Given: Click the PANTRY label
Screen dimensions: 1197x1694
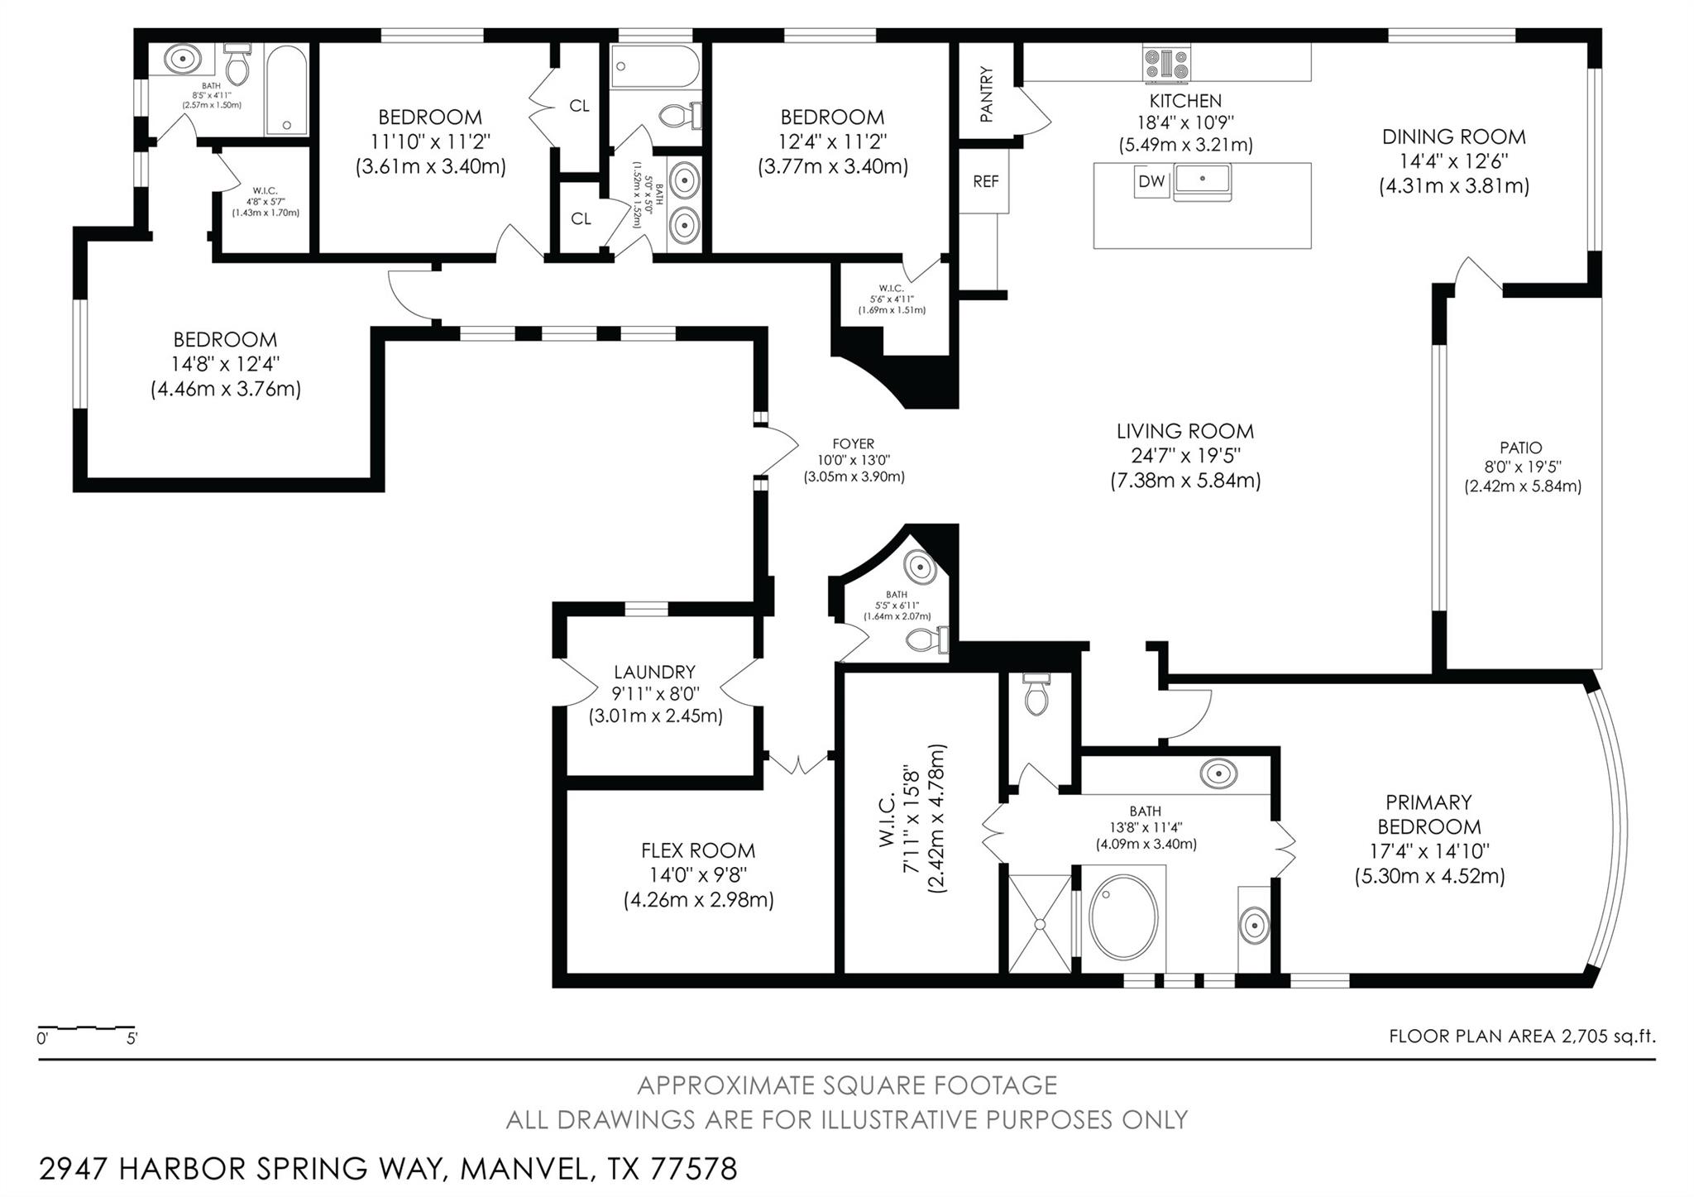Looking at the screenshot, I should (x=986, y=93).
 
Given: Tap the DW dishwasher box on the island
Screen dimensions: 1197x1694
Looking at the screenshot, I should (x=1151, y=181).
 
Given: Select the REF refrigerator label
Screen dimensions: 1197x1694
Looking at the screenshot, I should (x=985, y=181).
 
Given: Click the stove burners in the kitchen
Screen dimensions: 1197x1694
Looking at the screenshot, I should (x=1167, y=64).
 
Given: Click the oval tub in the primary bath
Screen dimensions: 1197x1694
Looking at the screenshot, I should (x=1122, y=917).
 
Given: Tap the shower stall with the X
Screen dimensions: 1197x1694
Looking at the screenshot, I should (x=1040, y=923).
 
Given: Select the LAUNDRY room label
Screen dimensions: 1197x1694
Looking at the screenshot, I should (x=654, y=672).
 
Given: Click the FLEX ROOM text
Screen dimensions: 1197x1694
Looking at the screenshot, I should (x=698, y=850).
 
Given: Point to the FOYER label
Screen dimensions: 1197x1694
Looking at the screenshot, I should (x=853, y=444).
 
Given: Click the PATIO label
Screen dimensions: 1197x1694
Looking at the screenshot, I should (x=1521, y=448).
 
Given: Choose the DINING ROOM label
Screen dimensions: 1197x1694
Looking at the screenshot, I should (x=1453, y=136).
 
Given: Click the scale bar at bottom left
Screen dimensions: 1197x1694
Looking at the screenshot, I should (x=85, y=1029).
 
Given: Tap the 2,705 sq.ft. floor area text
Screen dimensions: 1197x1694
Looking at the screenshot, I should (x=1607, y=1036).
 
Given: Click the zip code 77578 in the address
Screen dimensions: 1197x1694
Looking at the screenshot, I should (x=693, y=1169).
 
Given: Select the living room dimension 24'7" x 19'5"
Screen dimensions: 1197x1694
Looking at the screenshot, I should (x=1184, y=456).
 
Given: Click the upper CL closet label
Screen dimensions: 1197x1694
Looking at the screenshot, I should (x=579, y=106).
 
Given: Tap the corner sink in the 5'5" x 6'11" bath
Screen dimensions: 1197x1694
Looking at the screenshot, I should (x=919, y=567).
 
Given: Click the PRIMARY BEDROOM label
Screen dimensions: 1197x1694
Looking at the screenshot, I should (x=1428, y=814).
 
